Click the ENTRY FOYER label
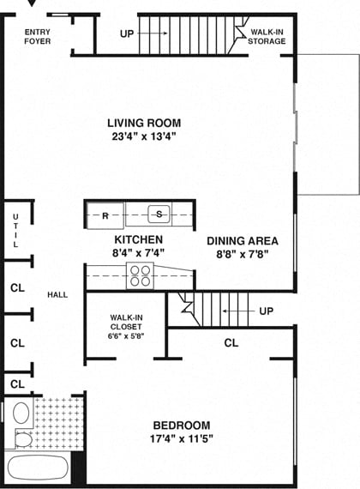[x=36, y=36]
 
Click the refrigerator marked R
[x=105, y=215]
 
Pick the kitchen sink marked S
[x=159, y=214]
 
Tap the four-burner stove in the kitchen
[x=140, y=275]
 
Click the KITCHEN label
[x=139, y=239]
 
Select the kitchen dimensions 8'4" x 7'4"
[x=139, y=253]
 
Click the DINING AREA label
[x=243, y=241]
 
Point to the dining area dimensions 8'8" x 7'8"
[x=243, y=255]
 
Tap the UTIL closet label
[x=15, y=230]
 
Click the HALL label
[x=57, y=295]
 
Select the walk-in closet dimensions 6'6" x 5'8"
[x=127, y=336]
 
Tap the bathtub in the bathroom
[x=39, y=469]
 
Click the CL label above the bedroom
[x=231, y=343]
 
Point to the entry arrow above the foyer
[x=33, y=4]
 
